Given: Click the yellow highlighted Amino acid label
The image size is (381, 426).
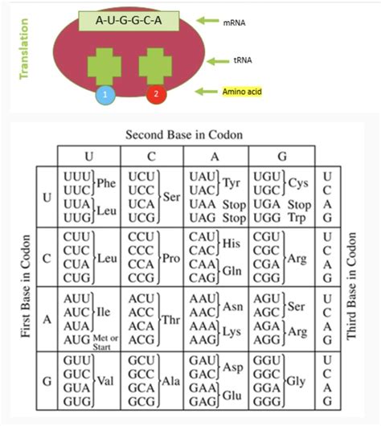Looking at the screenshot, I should tap(240, 92).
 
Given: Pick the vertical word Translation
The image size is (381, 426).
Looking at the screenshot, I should tap(11, 49).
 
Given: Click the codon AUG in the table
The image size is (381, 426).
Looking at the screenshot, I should tap(73, 338).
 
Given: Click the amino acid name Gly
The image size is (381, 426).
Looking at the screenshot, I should tap(299, 378).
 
